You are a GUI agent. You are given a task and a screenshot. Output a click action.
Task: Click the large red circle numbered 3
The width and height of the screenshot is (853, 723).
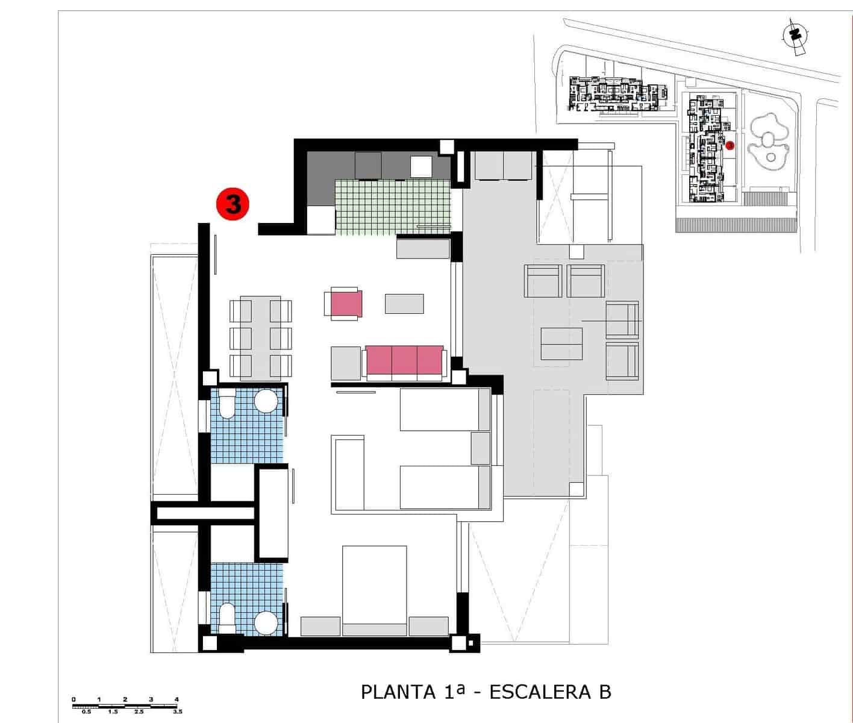233,204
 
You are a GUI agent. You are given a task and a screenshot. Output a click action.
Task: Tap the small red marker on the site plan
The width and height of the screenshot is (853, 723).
730,145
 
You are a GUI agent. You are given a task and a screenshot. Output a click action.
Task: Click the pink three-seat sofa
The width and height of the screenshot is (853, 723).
405,360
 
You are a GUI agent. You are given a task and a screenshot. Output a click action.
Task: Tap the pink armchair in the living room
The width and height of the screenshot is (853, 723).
346,303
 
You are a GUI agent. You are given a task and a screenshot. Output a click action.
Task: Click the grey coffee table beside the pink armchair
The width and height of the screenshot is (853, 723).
404,303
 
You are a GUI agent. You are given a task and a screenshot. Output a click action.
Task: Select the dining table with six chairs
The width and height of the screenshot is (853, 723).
260,338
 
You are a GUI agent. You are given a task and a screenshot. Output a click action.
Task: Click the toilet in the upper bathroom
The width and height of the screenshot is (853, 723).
227,404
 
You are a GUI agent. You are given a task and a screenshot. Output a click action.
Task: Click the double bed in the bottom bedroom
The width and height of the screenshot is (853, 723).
374,590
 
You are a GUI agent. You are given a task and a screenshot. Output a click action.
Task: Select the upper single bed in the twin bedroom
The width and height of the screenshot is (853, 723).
445,410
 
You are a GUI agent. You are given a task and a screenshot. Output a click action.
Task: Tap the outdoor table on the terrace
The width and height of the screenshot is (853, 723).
561,343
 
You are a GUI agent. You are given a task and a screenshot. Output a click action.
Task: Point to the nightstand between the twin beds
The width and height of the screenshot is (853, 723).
480,448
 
